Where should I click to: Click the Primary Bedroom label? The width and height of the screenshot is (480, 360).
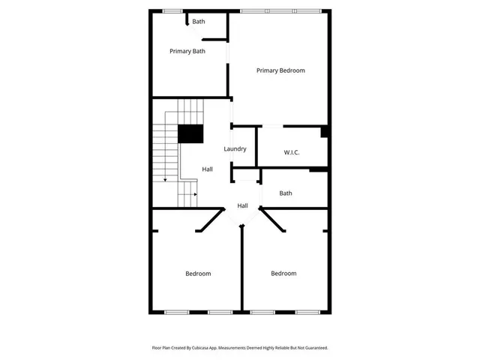[280, 70]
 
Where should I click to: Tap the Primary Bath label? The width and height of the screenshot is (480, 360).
[187, 51]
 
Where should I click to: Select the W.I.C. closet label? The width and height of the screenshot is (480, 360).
[292, 152]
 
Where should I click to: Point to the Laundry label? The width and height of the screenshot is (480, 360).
[235, 148]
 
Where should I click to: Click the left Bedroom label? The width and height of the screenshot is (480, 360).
[198, 274]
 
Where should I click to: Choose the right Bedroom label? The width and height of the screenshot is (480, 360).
[283, 274]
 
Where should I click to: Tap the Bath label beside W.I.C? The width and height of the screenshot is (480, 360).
[286, 193]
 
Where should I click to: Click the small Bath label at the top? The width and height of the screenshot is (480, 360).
[198, 21]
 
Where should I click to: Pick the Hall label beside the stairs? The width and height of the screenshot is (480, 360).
[207, 169]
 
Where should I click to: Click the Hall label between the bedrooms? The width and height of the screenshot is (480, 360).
[243, 205]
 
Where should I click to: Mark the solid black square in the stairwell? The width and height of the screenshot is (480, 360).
[190, 133]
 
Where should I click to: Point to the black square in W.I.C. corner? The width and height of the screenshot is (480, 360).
[324, 132]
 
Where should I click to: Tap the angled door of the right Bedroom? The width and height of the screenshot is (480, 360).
[273, 220]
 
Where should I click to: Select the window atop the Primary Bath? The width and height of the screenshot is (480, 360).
[172, 10]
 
